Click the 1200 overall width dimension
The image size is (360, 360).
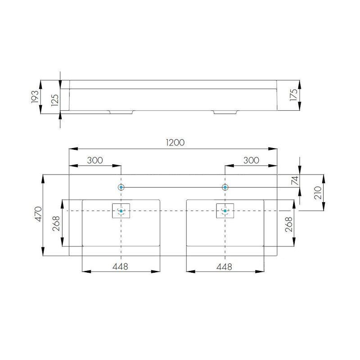click(x=175, y=143)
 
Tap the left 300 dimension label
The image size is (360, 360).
click(x=95, y=160)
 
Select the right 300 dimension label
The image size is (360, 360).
click(x=251, y=160)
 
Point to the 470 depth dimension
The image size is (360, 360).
click(x=38, y=214)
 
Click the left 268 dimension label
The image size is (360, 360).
click(x=56, y=224)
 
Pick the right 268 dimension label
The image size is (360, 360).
click(x=288, y=224)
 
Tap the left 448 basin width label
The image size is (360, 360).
click(x=120, y=266)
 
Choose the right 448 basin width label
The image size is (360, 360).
click(x=224, y=266)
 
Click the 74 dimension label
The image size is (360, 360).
click(x=295, y=180)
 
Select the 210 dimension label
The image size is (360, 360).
click(x=318, y=193)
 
